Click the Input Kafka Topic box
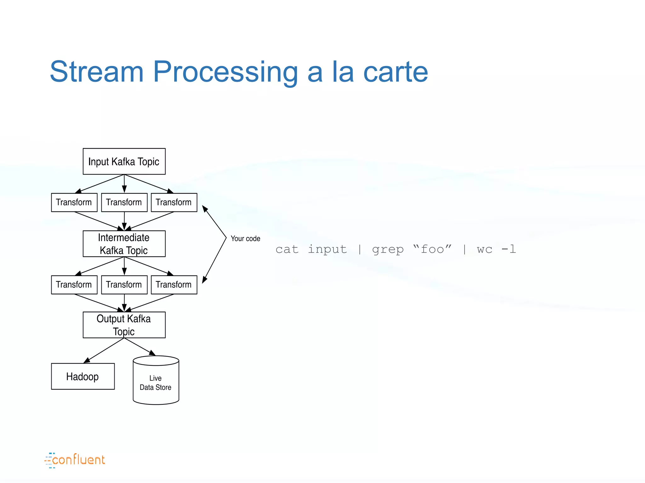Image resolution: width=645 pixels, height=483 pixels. click(124, 161)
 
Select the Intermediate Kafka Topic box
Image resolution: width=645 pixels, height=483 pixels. click(124, 244)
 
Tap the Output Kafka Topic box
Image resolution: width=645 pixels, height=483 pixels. click(124, 325)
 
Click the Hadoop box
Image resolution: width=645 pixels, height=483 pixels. click(83, 376)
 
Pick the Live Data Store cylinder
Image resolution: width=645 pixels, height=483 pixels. click(156, 382)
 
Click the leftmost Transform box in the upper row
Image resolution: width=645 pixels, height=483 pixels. click(74, 202)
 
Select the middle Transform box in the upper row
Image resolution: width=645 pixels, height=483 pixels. click(124, 202)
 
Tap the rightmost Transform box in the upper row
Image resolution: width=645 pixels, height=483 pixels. click(174, 202)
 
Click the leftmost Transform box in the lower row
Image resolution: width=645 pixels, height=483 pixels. click(74, 285)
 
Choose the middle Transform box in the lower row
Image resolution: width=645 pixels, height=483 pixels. click(124, 285)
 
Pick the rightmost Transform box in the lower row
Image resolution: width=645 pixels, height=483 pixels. click(174, 285)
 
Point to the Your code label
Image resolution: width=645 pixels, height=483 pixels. click(245, 239)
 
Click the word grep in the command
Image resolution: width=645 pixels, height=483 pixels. click(388, 250)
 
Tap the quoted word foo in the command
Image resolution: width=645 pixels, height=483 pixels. click(432, 249)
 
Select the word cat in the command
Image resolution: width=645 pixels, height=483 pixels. click(287, 249)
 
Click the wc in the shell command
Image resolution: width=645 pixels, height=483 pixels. click(484, 250)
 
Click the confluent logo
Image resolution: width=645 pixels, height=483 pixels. click(75, 460)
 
